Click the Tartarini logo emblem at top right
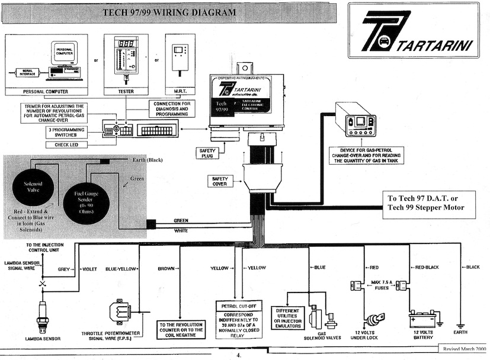tap(385, 30)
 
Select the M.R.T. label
tap(180, 92)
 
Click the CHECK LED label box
tap(69, 144)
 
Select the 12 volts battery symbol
tap(424, 320)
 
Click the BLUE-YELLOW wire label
tap(121, 268)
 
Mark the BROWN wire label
tap(166, 268)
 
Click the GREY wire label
tap(64, 268)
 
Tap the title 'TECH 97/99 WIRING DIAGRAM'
tap(169, 12)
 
